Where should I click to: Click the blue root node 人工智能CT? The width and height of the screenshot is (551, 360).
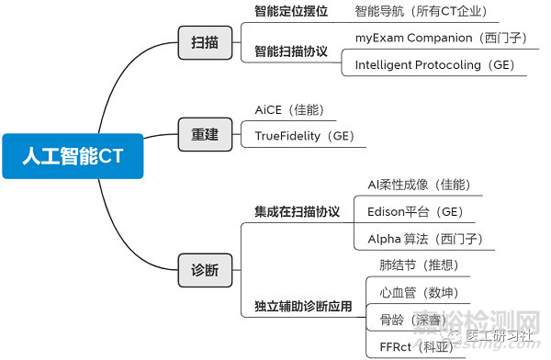[73, 155]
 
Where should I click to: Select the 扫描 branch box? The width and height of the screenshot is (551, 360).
[205, 42]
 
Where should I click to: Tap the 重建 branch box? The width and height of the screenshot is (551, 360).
[205, 134]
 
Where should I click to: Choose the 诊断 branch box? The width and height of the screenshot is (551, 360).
[205, 270]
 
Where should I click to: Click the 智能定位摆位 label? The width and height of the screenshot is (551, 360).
[291, 12]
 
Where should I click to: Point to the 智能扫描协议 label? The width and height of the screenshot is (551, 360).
[291, 51]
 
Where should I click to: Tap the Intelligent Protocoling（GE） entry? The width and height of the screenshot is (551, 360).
[434, 65]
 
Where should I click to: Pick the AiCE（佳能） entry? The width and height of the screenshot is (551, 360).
[290, 110]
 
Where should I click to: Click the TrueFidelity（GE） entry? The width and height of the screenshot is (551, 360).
[304, 137]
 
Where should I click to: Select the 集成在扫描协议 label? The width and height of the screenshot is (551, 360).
[297, 211]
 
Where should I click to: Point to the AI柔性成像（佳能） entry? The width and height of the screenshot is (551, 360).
[419, 185]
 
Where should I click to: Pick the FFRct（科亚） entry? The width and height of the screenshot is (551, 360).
[410, 347]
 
